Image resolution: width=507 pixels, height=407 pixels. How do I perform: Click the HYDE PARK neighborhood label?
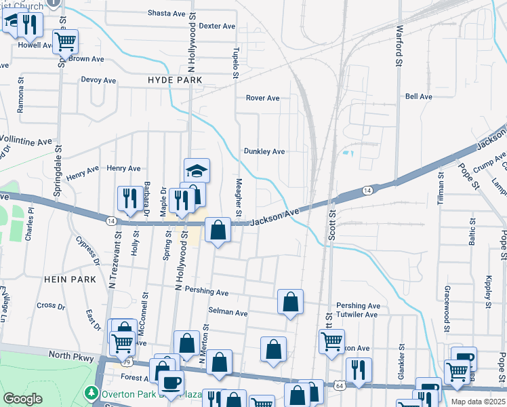pyautogui.click(x=175, y=80)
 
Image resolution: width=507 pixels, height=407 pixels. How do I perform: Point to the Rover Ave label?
pyautogui.click(x=263, y=98)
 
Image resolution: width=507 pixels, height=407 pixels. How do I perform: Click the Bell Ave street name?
pyautogui.click(x=418, y=97)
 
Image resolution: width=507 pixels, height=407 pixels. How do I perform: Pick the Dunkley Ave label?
pyautogui.click(x=264, y=151)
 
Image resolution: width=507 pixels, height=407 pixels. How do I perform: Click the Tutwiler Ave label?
pyautogui.click(x=357, y=315)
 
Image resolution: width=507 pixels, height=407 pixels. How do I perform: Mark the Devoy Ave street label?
pyautogui.click(x=99, y=79)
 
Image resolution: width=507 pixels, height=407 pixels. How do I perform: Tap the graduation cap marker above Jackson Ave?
pyautogui.click(x=197, y=170)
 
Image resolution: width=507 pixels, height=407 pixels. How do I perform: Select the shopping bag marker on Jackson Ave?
pyautogui.click(x=218, y=230)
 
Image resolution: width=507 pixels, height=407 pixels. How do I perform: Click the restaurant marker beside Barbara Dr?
pyautogui.click(x=127, y=197)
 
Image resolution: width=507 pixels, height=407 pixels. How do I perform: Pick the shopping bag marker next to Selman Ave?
pyautogui.click(x=290, y=301)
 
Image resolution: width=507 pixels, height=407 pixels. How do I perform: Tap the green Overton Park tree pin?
pyautogui.click(x=91, y=393)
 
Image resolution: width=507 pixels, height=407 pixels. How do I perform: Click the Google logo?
pyautogui.click(x=23, y=399)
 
